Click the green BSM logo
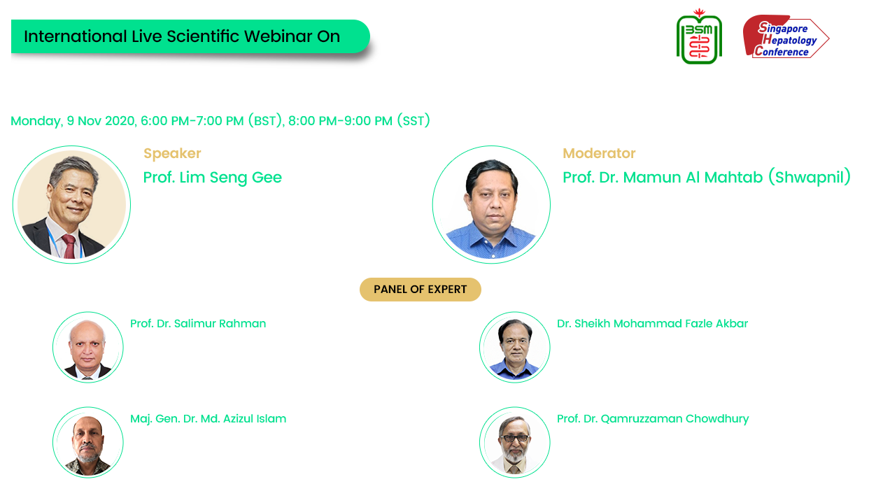pos(699,36)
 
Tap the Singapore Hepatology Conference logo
pos(786,36)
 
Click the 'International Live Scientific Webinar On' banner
pos(190,36)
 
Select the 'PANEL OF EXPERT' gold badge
pos(420,290)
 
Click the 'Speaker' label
pos(172,154)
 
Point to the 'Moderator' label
pos(599,154)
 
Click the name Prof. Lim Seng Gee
pos(212,177)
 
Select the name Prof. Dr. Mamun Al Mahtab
pos(663,177)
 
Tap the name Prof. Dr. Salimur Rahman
pos(198,323)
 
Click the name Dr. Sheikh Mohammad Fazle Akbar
pos(652,323)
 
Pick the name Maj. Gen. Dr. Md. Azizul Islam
pos(208,419)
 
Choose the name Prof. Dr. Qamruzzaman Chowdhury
pos(653,419)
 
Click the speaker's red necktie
pos(69,247)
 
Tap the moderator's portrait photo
pos(492,204)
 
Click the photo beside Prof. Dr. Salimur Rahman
pos(88,347)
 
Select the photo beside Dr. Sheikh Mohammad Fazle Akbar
pos(515,347)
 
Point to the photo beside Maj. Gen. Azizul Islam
pos(88,442)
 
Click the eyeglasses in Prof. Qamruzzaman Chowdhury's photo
pos(515,439)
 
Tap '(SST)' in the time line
pos(414,120)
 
